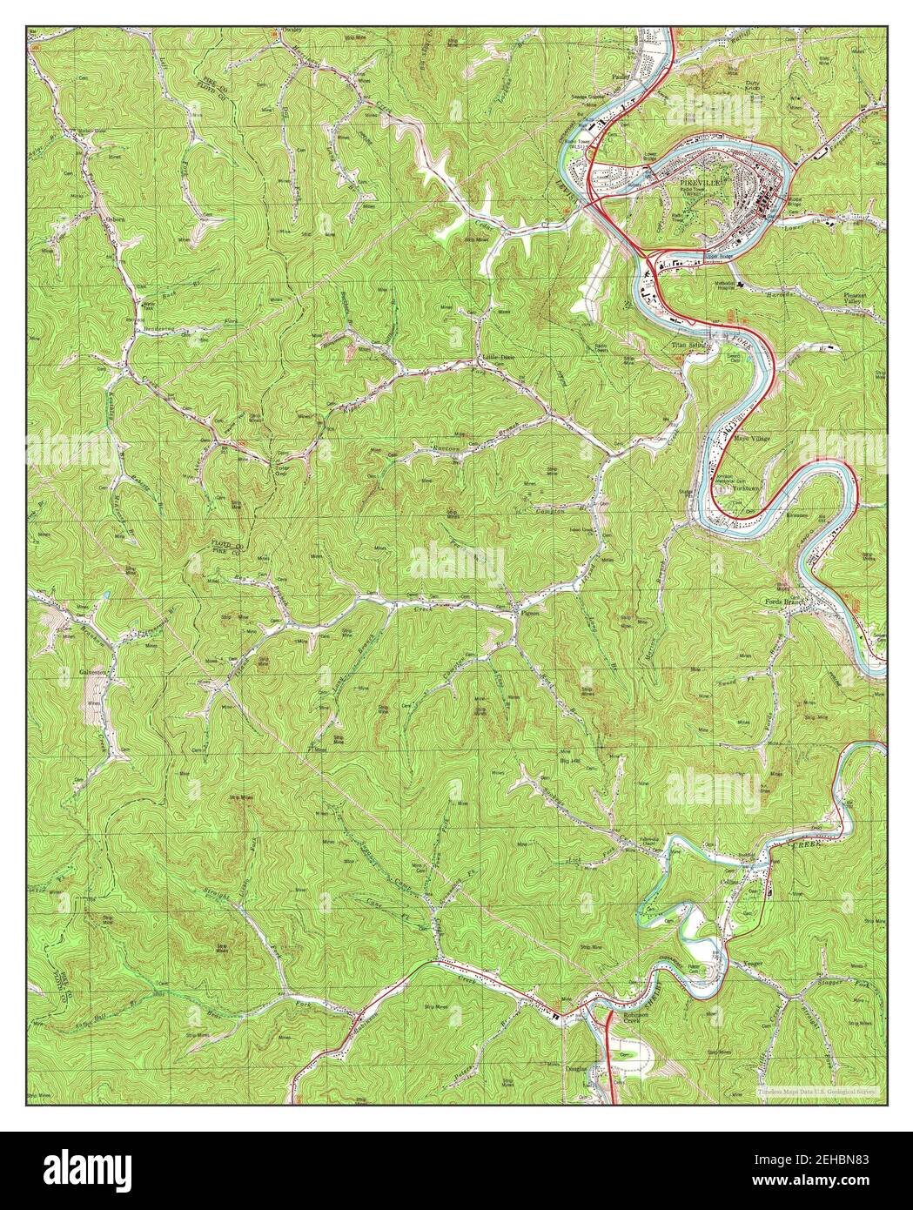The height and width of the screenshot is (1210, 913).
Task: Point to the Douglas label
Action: [578, 1069]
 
